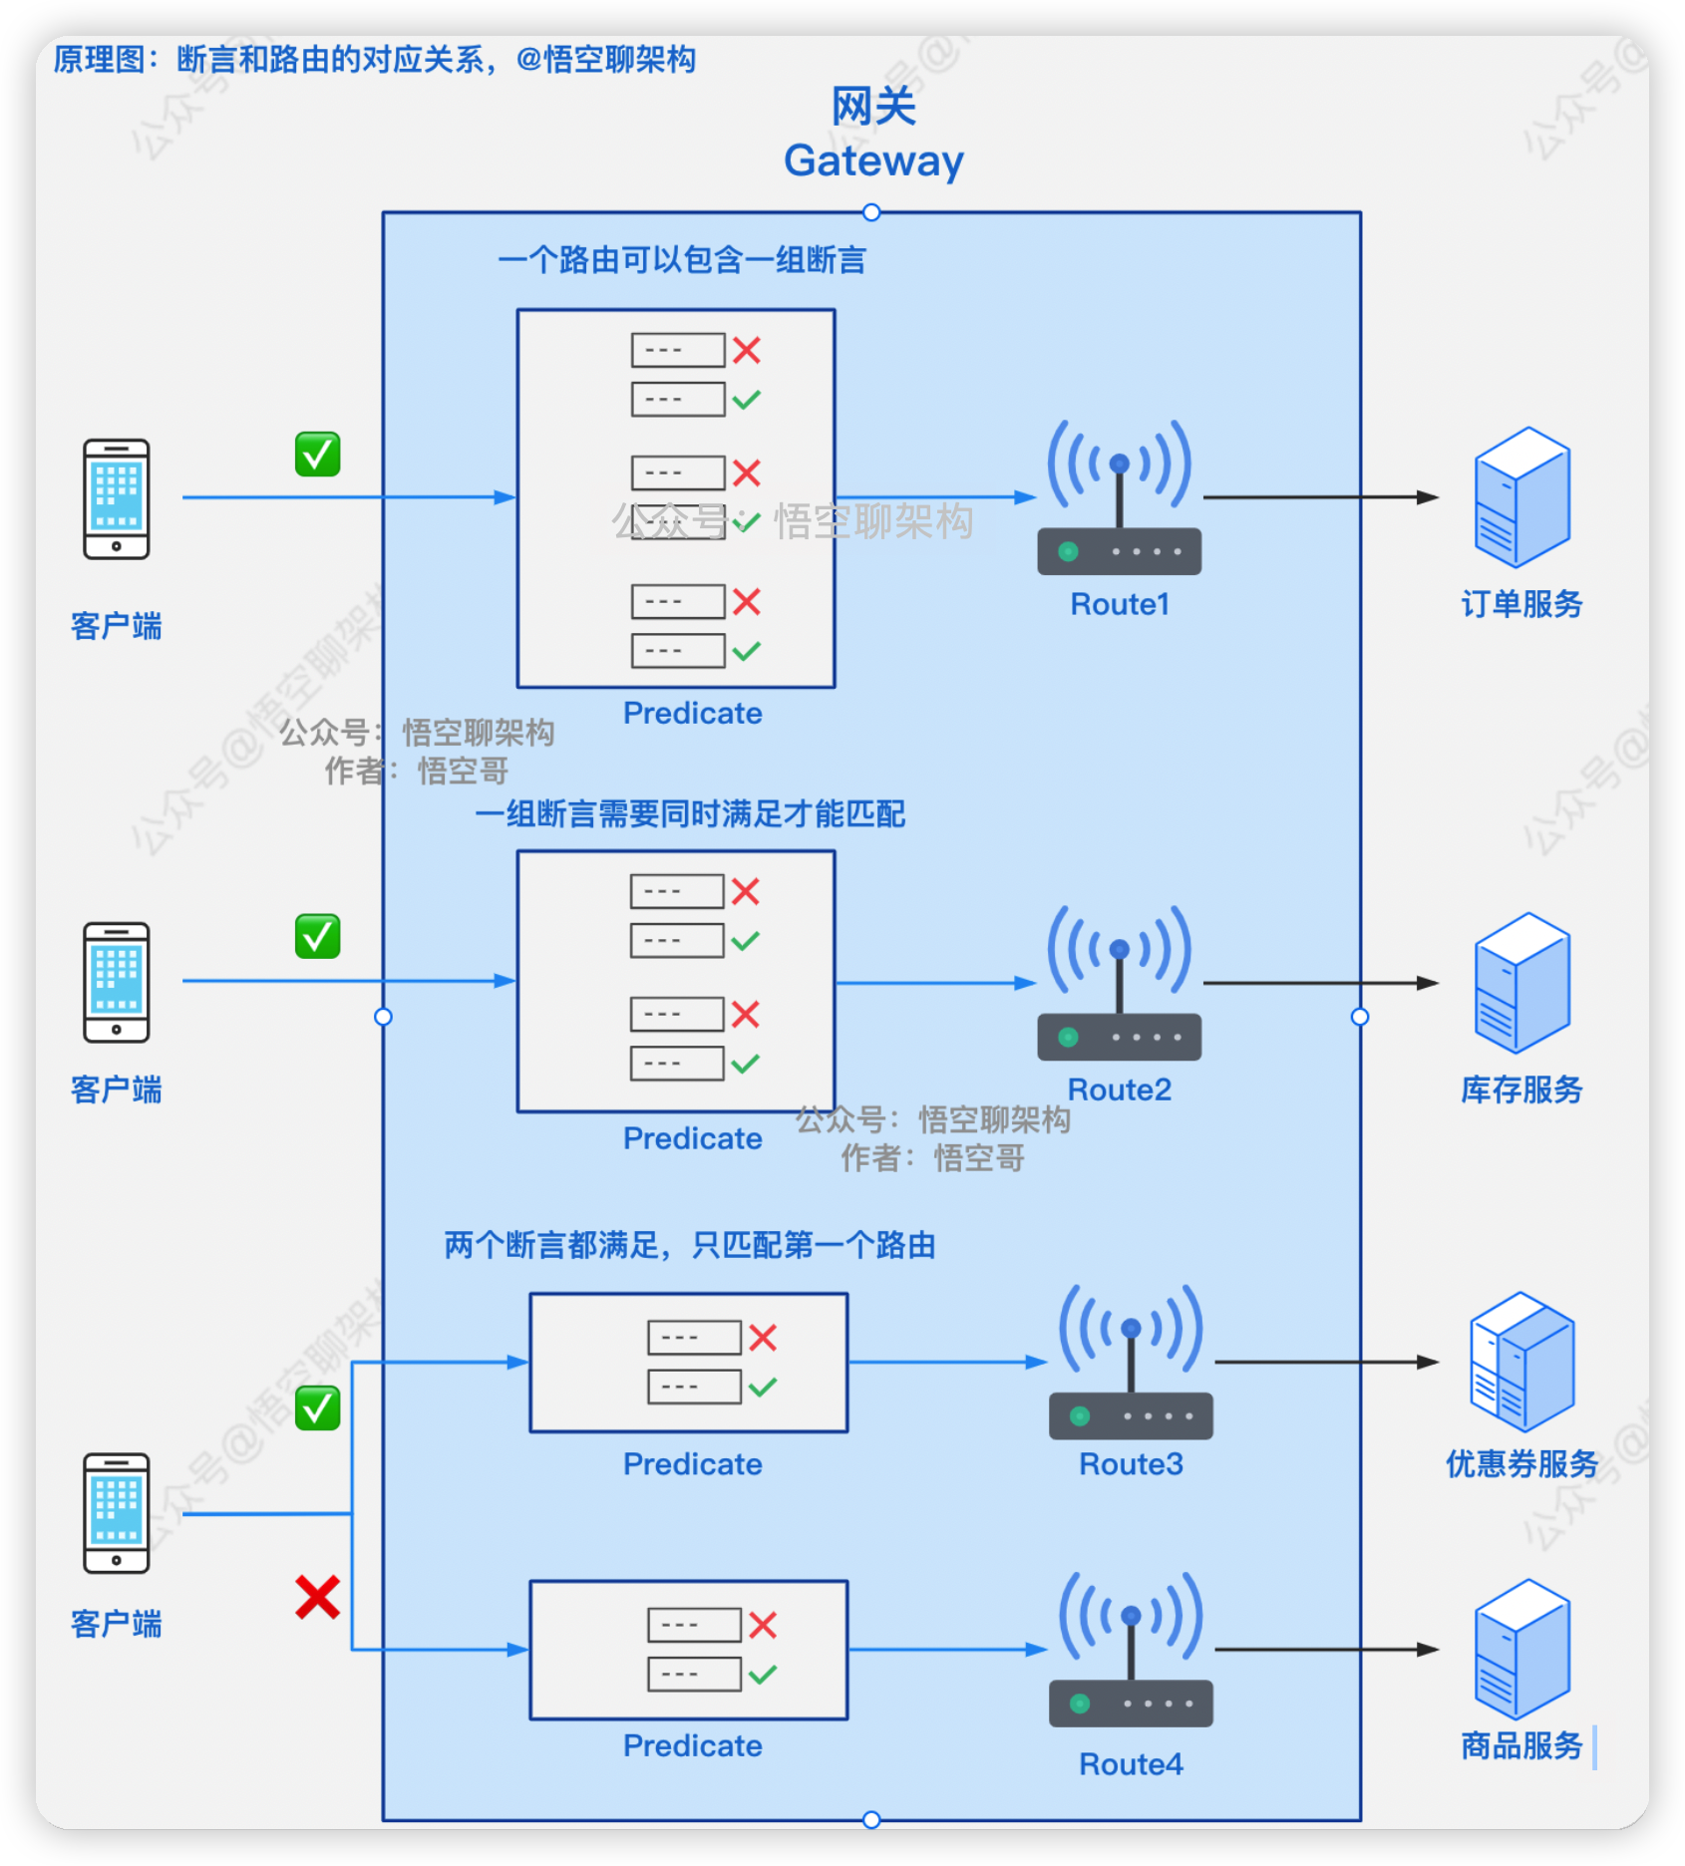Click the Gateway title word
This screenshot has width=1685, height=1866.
(873, 160)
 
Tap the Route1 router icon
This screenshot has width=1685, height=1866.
(1119, 498)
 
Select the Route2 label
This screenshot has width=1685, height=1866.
(1119, 1089)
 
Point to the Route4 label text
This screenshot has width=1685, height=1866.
(1131, 1764)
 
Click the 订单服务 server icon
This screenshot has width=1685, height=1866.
(1521, 497)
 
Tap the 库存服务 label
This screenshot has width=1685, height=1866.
(1521, 1089)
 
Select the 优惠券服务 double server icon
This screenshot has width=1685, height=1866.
(1521, 1362)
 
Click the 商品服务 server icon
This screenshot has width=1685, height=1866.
(1521, 1649)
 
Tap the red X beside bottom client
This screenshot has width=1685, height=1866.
(317, 1597)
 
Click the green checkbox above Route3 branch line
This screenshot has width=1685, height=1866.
(317, 1408)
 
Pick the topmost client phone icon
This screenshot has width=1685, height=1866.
(117, 498)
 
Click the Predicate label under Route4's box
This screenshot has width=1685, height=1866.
(692, 1745)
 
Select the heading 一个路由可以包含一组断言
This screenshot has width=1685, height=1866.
(682, 260)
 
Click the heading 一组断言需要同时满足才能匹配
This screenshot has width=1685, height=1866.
(690, 814)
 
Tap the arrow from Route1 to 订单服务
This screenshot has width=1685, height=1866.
(1320, 496)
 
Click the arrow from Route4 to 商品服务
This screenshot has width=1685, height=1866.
(1326, 1650)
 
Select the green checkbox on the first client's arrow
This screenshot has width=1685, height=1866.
(317, 455)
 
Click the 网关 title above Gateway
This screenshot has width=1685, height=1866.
(873, 106)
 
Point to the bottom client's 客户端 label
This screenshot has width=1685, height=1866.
(117, 1624)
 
